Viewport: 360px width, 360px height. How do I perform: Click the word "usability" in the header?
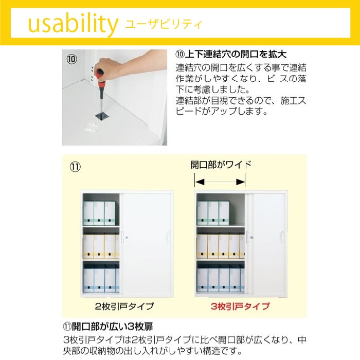73,24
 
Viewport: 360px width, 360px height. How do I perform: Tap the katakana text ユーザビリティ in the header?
164,24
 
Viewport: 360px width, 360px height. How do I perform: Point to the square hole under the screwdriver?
102,116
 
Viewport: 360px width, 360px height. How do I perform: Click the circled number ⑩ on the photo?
71,59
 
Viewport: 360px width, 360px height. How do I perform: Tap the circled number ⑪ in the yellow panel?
75,167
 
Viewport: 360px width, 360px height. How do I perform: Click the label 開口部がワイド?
221,165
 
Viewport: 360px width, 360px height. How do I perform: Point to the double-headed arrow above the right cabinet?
220,182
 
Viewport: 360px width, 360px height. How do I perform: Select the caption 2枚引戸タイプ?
124,306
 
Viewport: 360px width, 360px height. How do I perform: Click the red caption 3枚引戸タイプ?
240,306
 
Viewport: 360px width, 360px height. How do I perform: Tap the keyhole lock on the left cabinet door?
127,238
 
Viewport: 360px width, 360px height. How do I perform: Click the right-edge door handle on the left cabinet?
167,237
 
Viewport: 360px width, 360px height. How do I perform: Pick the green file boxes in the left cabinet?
99,213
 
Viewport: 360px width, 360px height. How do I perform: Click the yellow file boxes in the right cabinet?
221,246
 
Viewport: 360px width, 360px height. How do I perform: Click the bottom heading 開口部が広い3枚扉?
108,327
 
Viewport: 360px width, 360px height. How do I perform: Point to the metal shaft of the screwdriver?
101,101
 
